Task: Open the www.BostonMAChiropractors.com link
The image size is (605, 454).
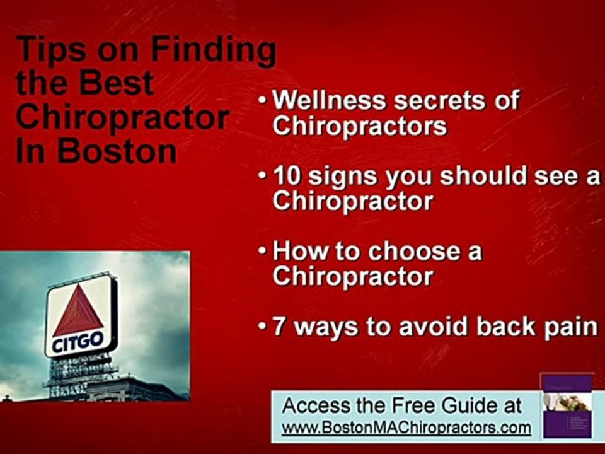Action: click(406, 428)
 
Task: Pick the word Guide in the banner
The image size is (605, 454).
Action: click(463, 405)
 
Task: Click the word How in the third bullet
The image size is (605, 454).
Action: click(294, 252)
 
